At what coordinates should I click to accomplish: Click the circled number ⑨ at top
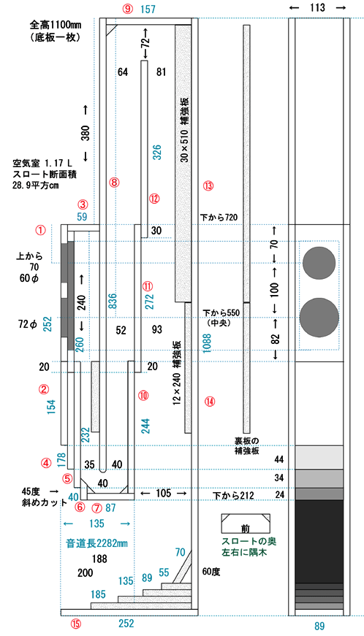[128, 9]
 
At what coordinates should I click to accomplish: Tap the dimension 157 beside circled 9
[148, 9]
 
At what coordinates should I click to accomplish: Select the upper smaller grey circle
[319, 263]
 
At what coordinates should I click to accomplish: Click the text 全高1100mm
[56, 25]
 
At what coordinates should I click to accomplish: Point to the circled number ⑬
[208, 185]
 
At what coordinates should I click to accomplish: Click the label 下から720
[219, 218]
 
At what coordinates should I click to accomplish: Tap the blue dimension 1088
[207, 343]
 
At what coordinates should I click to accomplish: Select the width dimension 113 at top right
[317, 7]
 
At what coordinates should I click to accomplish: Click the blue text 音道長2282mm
[97, 543]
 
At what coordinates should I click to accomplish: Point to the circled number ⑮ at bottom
[76, 624]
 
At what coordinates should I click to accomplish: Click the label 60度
[211, 572]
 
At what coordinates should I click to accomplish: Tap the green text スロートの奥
[249, 542]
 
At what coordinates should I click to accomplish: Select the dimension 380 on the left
[86, 133]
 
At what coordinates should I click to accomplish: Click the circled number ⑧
[114, 182]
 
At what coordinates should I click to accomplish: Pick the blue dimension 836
[113, 301]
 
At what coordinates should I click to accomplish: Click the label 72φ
[28, 324]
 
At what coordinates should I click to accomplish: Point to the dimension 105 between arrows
[164, 493]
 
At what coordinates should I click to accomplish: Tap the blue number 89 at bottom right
[319, 626]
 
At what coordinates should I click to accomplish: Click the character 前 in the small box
[246, 529]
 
